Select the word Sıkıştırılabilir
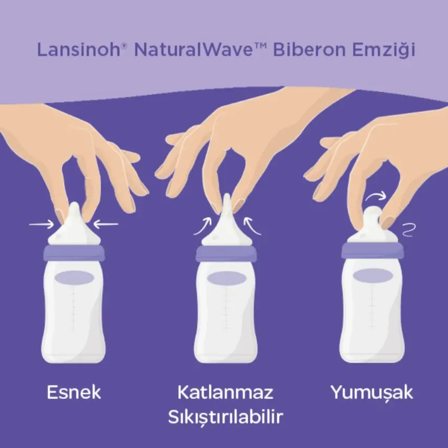225,418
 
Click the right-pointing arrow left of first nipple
40,225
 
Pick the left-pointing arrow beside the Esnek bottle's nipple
106,225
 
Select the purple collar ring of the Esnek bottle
73,253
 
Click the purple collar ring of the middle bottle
226,254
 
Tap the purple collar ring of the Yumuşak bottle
373,250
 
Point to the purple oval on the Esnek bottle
73,277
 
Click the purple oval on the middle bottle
226,278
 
